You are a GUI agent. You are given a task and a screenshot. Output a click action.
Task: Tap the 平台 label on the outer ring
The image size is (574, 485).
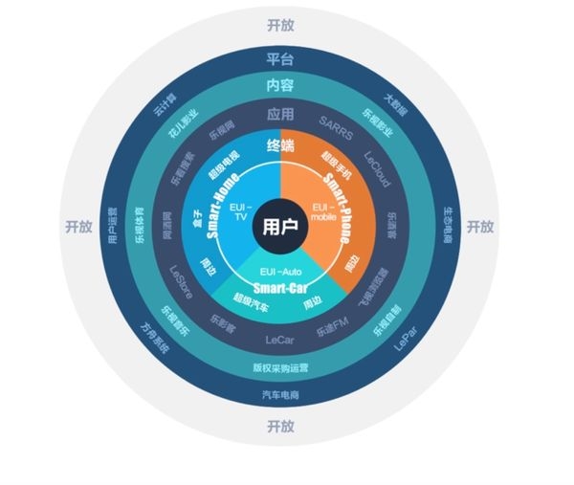pyautogui.click(x=280, y=59)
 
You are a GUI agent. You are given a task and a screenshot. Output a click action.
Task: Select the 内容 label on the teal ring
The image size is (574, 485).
pyautogui.click(x=280, y=85)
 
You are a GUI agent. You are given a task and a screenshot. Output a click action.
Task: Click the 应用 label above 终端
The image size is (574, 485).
pyautogui.click(x=280, y=114)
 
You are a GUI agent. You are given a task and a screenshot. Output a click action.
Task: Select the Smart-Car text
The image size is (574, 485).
pyautogui.click(x=280, y=286)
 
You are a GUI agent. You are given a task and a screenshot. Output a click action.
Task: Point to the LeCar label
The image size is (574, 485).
pyautogui.click(x=280, y=339)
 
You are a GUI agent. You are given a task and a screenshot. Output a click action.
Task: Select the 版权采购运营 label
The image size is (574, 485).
pyautogui.click(x=280, y=367)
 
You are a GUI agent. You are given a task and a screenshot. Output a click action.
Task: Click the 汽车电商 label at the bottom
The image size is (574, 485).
pyautogui.click(x=280, y=394)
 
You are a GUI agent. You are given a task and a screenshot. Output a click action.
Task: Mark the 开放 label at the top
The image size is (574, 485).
pyautogui.click(x=280, y=24)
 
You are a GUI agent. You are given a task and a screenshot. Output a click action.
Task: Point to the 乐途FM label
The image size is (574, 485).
pyautogui.click(x=336, y=324)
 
